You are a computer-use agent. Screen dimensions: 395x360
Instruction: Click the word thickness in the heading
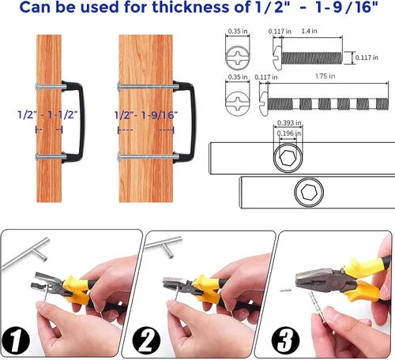[x=191, y=7]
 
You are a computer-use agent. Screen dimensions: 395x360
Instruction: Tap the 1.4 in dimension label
[x=309, y=31]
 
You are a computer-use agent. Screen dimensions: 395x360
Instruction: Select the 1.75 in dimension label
[x=325, y=77]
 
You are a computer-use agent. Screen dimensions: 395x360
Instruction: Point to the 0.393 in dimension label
[x=289, y=123]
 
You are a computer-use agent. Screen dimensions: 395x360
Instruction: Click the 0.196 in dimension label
[x=289, y=133]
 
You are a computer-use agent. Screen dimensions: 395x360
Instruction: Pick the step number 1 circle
[x=15, y=341]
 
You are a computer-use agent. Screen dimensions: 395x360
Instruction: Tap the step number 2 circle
[x=146, y=341]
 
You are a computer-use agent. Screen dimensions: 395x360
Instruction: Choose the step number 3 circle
[x=285, y=341]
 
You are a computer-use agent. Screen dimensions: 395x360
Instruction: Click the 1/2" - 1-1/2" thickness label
[x=47, y=115]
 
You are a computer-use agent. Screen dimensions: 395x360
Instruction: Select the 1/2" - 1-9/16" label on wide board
[x=146, y=115]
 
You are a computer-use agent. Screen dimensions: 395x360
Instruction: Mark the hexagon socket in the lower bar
[x=309, y=192]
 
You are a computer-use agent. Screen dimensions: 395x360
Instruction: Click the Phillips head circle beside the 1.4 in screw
[x=238, y=58]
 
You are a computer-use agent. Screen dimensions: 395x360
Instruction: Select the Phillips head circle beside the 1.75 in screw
[x=238, y=103]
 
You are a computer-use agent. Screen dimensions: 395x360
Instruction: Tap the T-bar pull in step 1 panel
[x=26, y=253]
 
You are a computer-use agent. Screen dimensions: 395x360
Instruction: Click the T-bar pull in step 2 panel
[x=164, y=246]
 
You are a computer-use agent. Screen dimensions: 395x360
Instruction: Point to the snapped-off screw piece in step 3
[x=285, y=291]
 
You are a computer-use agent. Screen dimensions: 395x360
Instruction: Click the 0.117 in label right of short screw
[x=367, y=58]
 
